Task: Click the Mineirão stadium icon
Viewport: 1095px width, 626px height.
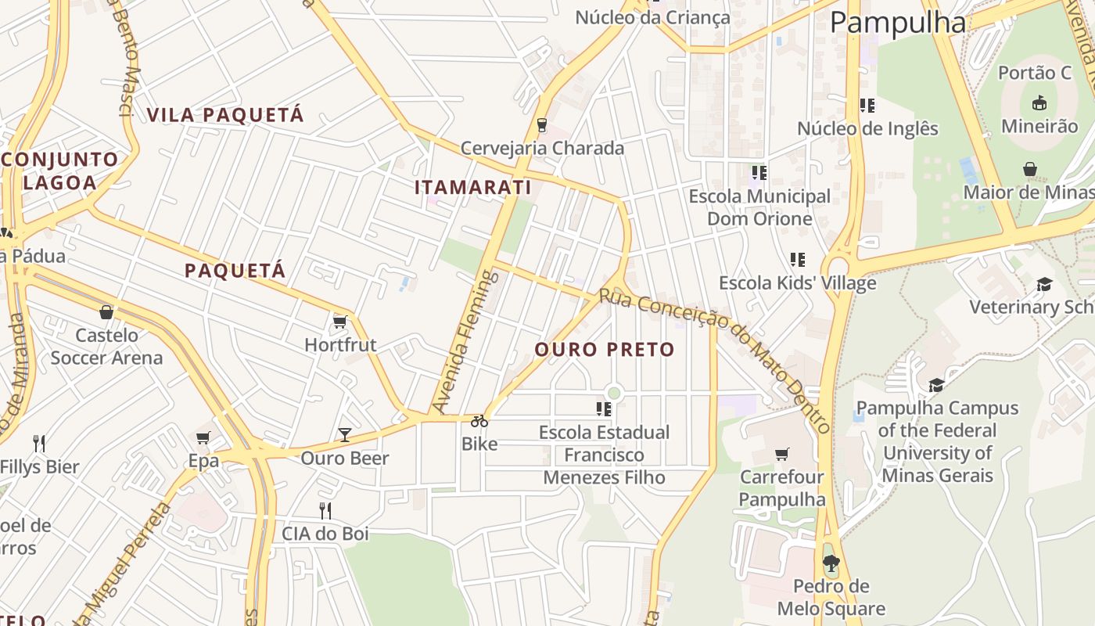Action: (x=1039, y=103)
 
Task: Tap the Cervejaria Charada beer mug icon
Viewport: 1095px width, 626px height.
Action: (x=541, y=124)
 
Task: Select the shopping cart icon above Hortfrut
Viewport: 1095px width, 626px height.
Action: (x=339, y=322)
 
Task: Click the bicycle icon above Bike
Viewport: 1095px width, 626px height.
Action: (x=479, y=421)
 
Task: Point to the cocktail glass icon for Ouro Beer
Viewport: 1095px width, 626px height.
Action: (x=345, y=434)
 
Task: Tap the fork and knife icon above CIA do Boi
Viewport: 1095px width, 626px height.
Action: (x=325, y=511)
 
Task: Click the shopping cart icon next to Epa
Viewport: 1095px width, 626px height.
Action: (x=203, y=437)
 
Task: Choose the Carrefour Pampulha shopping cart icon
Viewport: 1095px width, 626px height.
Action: (x=781, y=454)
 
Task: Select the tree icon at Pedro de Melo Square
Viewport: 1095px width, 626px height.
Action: (x=831, y=563)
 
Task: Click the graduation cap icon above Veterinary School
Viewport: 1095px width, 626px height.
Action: (x=1044, y=284)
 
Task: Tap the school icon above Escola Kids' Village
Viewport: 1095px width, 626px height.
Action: (x=797, y=259)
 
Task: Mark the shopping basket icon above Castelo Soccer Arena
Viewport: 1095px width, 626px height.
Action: (x=106, y=312)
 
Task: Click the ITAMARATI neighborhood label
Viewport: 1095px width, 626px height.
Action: (x=472, y=188)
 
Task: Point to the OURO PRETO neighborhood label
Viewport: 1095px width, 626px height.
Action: (x=605, y=350)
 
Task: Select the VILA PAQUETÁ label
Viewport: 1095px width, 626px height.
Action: (x=225, y=115)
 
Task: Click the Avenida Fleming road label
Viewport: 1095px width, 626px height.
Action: (x=465, y=341)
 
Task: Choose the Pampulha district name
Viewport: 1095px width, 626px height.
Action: (x=898, y=22)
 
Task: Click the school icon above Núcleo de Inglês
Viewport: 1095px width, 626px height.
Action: (x=867, y=105)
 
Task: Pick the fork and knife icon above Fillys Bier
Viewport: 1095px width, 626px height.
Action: (x=40, y=444)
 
